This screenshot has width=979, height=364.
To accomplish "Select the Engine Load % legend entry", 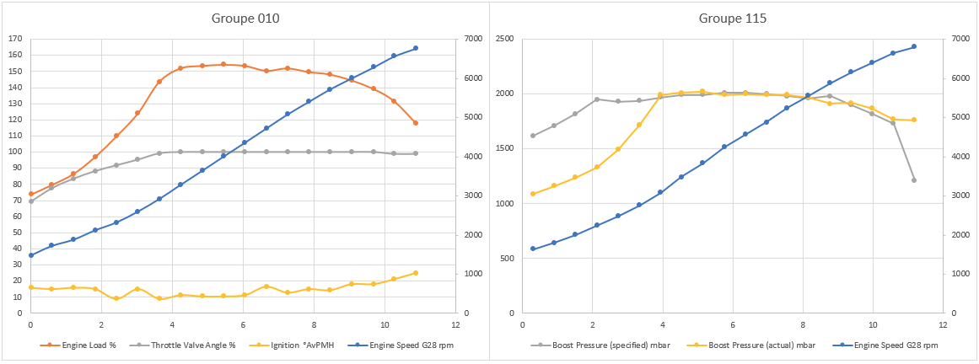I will click(x=81, y=345).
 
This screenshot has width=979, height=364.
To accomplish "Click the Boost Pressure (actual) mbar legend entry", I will click(x=741, y=345).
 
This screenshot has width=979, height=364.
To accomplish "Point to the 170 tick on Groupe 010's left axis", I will click(x=14, y=39).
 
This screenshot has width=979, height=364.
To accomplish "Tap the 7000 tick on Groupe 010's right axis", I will click(x=472, y=39).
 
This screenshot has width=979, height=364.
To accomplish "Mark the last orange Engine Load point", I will click(x=415, y=123).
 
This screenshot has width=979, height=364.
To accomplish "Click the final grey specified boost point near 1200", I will click(x=914, y=180).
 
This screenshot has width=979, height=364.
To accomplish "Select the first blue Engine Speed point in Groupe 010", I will click(x=30, y=255).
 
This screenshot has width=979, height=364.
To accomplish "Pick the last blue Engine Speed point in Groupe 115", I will click(x=914, y=46).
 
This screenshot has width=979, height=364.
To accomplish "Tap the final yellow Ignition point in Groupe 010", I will click(x=415, y=273).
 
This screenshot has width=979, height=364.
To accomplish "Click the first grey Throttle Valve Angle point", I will click(x=30, y=201).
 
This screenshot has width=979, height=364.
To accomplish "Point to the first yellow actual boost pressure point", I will click(x=533, y=194).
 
